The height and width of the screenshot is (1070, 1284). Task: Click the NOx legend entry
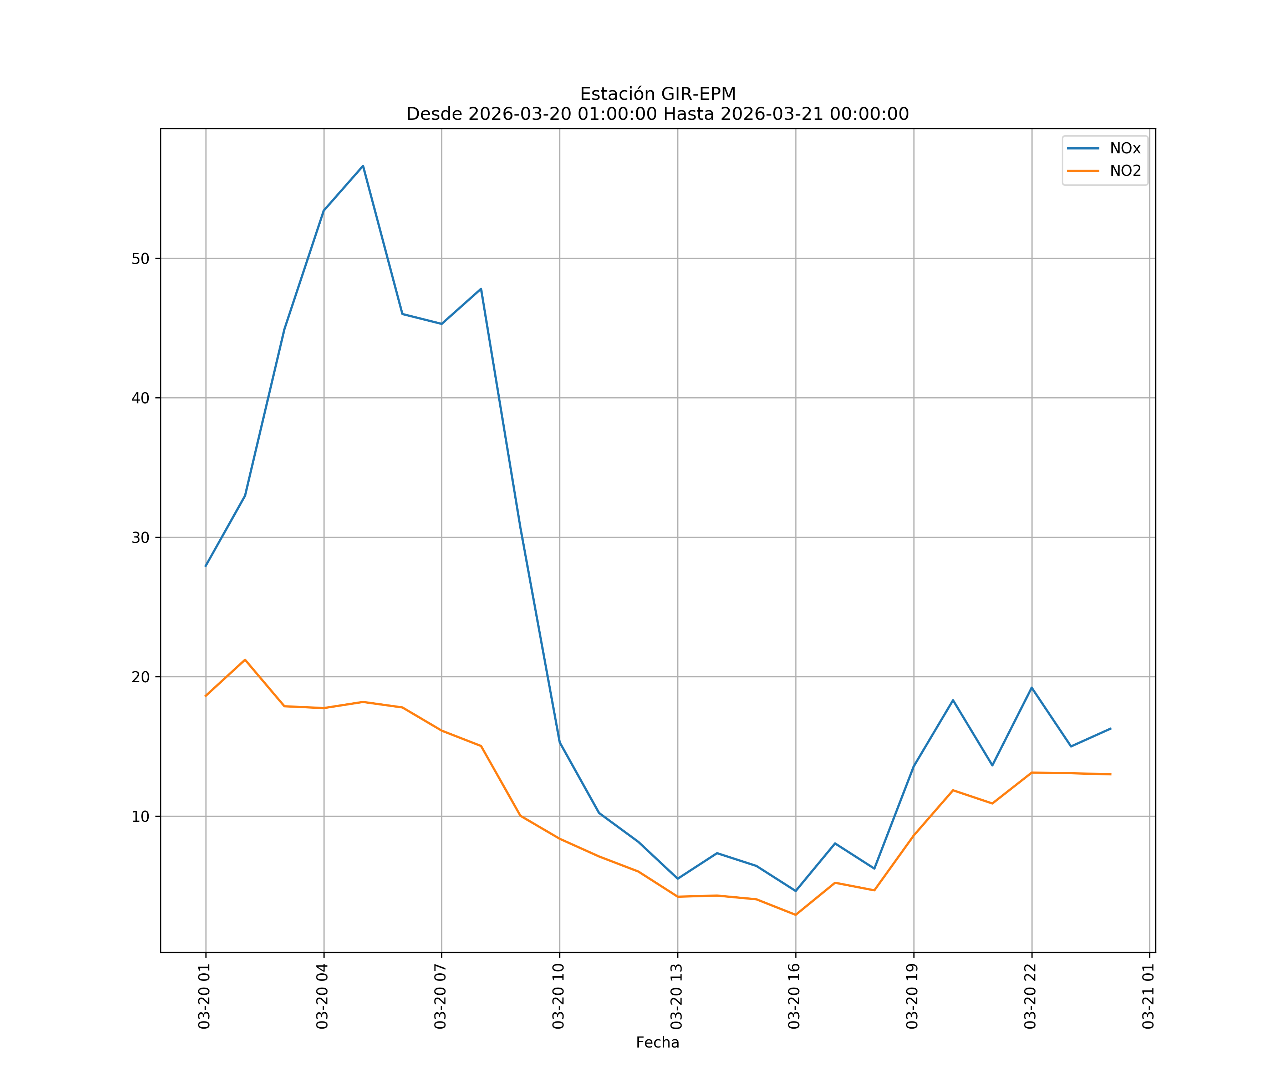click(1125, 149)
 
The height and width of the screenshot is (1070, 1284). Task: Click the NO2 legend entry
click(1125, 171)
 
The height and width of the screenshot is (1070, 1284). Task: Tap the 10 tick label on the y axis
click(141, 816)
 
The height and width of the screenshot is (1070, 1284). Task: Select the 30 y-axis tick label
click(141, 537)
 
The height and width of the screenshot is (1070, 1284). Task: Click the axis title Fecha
click(657, 1043)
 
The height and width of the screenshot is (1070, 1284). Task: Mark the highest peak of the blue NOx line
click(363, 166)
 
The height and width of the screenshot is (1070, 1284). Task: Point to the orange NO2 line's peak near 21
click(245, 660)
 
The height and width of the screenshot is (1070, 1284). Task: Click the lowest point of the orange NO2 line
click(795, 915)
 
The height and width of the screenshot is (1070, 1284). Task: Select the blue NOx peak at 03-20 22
click(1031, 688)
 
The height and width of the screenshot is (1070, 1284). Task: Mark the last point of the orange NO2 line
click(1110, 775)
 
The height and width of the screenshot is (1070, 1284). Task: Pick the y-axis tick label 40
click(141, 398)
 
